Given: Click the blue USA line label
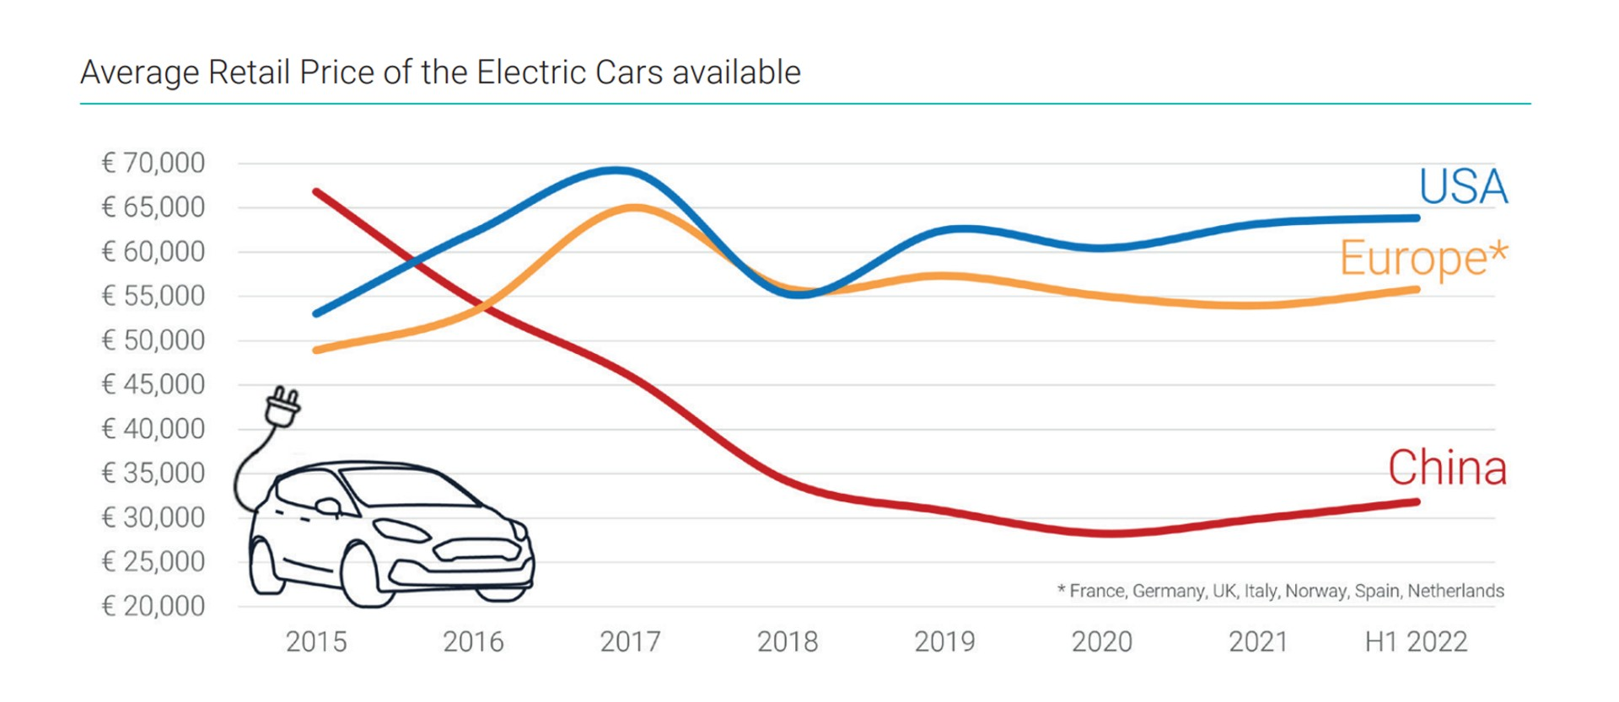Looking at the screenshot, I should (x=1463, y=187).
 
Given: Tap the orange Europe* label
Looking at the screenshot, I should (x=1423, y=258).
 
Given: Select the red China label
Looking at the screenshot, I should (x=1447, y=468).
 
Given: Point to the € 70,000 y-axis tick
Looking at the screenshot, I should (x=153, y=163).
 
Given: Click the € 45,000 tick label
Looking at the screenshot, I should (x=153, y=384).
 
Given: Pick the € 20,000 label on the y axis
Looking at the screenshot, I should (x=153, y=606).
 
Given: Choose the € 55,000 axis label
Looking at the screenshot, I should (x=153, y=296).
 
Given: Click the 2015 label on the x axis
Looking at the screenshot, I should (x=316, y=642).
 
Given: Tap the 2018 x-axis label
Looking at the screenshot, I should (x=788, y=642).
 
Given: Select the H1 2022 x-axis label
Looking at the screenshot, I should (x=1416, y=642).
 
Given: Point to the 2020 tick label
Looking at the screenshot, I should (x=1102, y=642).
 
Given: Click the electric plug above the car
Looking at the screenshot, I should (x=282, y=407).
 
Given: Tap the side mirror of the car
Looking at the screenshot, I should (x=328, y=506).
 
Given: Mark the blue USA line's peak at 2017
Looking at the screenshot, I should (x=618, y=170).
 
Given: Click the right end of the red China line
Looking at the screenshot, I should (x=1417, y=502).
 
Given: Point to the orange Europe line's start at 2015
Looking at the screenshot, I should (x=316, y=350).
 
